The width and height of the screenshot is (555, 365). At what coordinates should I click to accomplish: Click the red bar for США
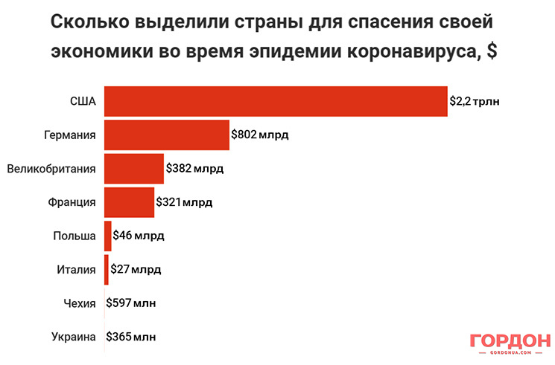click(276, 101)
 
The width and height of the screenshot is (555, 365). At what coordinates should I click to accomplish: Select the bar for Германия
click(166, 135)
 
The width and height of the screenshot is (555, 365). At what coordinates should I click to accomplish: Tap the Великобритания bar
click(133, 168)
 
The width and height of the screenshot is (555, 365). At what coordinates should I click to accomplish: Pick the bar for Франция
click(129, 201)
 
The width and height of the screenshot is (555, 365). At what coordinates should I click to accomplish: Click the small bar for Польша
click(108, 236)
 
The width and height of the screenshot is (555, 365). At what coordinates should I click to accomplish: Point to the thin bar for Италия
click(107, 269)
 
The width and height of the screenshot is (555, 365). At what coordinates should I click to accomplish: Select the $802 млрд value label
click(259, 135)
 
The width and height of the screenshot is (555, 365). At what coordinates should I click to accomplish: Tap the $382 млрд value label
click(194, 169)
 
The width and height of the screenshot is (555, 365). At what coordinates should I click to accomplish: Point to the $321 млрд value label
click(184, 202)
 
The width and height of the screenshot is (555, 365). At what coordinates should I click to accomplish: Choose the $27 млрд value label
click(135, 269)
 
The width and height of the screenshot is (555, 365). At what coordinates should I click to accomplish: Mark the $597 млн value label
click(131, 303)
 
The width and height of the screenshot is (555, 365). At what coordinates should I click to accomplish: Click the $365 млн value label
click(131, 337)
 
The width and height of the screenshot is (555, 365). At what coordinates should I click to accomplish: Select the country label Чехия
click(80, 303)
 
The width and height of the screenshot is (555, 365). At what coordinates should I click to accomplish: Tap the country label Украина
click(74, 337)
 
